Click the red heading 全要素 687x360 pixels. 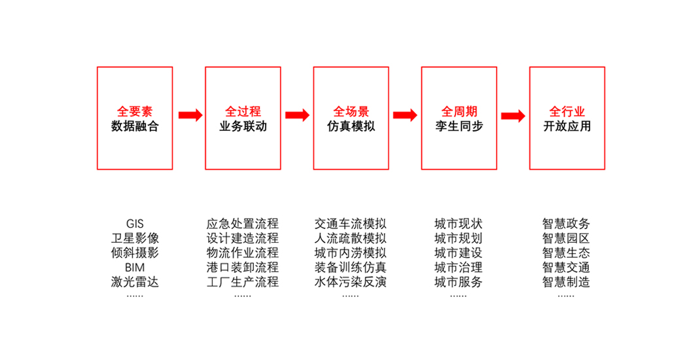tap(135, 111)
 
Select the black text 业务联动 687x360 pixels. tap(243, 126)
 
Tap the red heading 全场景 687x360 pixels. tap(351, 111)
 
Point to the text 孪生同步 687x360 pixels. tap(459, 126)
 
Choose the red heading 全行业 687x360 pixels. tap(567, 111)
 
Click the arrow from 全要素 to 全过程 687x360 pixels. tap(190, 115)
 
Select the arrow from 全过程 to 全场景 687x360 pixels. tap(298, 115)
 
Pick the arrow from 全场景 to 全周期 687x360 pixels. tap(405, 115)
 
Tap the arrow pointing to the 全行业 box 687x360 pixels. tap(513, 116)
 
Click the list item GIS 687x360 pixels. tap(135, 224)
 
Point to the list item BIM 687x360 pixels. tap(135, 267)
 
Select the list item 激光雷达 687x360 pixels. tap(135, 281)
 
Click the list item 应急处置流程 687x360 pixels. tap(242, 224)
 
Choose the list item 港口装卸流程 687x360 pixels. tap(242, 267)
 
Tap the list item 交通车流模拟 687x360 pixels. tap(351, 224)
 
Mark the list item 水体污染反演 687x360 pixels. tap(351, 281)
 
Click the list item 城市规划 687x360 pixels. tap(458, 238)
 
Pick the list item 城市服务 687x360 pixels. tap(458, 281)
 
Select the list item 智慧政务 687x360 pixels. tap(566, 224)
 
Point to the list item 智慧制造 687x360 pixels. tap(566, 281)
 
